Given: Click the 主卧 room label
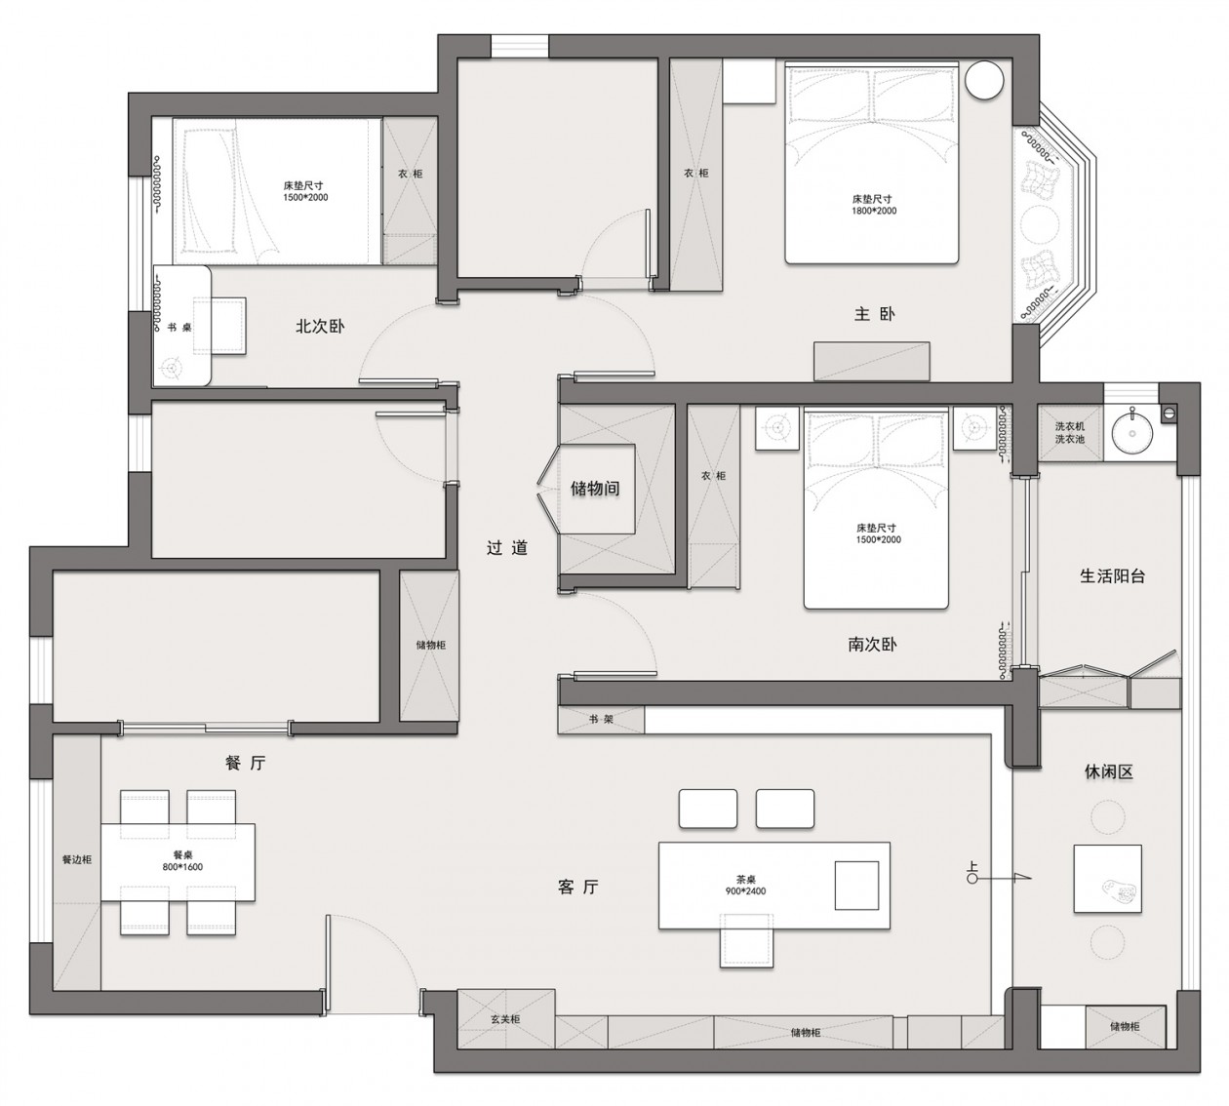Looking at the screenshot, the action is click(874, 314).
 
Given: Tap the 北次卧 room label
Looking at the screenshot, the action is click(320, 326).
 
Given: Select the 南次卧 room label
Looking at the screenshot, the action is click(872, 644).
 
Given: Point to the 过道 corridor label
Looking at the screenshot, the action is click(506, 547).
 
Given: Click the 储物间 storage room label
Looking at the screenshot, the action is click(595, 489).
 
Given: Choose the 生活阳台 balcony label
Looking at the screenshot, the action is click(1112, 575).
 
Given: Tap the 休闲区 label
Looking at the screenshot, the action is click(1108, 772).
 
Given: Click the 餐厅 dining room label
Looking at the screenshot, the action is click(245, 763).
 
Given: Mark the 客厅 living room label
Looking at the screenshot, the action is click(577, 887).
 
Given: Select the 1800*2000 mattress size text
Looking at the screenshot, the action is click(874, 211).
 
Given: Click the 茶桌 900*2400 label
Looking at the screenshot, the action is click(745, 886).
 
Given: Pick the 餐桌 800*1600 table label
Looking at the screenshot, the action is click(182, 861).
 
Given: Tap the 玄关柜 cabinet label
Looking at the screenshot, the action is click(505, 1019).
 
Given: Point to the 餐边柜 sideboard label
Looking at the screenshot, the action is click(77, 859).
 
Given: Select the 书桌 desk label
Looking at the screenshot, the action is click(179, 328).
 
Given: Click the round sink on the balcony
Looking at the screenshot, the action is click(1132, 433).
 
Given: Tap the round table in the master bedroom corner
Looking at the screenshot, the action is click(984, 80).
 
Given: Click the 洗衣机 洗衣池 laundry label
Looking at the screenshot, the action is click(1070, 433).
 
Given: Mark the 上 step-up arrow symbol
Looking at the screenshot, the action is click(998, 877).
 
